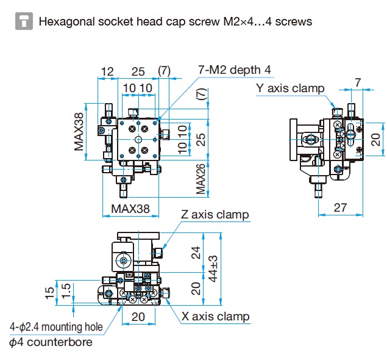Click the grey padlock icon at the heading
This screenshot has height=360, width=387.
pos(24,21)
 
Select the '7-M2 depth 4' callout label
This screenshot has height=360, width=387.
pos(235,70)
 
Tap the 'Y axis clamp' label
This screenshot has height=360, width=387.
pos(290,88)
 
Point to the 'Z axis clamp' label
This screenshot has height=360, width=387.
pos(215,214)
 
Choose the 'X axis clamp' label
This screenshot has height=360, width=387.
pos(216,317)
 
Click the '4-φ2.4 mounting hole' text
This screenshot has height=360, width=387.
pos(56,327)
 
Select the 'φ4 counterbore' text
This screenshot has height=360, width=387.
pos(51,342)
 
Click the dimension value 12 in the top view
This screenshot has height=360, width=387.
pos(107,71)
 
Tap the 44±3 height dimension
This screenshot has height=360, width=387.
pos(213,269)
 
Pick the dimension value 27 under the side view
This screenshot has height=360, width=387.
pos(341,207)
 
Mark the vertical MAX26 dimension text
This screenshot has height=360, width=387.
pos(201,179)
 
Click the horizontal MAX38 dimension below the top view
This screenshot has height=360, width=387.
pos(130,209)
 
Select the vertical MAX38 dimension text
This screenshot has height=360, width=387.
pos(79,132)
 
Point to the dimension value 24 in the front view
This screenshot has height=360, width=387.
pos(196,253)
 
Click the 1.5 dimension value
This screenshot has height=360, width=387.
pos(66,291)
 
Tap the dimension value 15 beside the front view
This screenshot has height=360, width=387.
pos(49,293)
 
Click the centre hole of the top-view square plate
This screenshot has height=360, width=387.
pos(138,140)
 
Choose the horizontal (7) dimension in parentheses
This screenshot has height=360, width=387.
pos(164,71)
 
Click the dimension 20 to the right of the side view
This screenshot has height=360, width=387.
pos(375,140)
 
